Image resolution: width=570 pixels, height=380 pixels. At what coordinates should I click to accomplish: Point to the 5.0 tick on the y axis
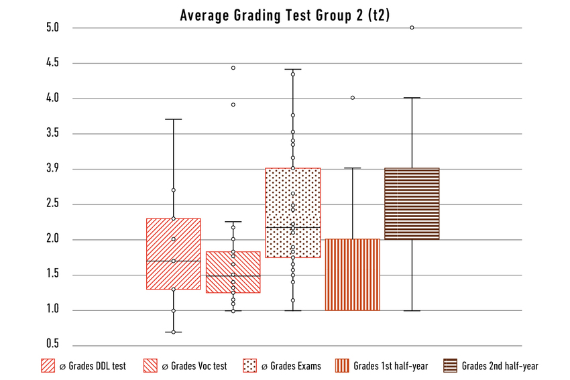click(x=54, y=28)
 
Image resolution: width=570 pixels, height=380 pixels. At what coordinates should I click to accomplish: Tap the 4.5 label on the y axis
click(x=54, y=63)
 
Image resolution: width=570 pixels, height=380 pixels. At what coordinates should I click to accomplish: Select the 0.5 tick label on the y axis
click(x=54, y=344)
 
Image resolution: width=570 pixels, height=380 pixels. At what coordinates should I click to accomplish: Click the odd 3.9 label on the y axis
click(x=54, y=169)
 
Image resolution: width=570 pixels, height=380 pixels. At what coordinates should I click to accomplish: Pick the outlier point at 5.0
click(x=412, y=27)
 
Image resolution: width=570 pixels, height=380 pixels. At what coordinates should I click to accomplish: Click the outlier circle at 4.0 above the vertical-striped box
click(x=353, y=98)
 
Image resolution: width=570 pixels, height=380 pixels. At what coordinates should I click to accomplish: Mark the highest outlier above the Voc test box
click(x=233, y=68)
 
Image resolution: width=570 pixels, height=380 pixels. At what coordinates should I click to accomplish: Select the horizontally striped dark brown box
click(x=412, y=204)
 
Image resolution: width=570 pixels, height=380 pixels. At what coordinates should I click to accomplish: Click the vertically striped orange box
click(x=353, y=274)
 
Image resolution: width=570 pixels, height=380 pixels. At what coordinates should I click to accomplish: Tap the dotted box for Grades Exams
click(x=293, y=212)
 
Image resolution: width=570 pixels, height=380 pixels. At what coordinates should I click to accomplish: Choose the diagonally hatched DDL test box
click(x=174, y=253)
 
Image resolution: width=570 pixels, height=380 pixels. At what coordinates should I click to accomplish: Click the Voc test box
click(x=233, y=271)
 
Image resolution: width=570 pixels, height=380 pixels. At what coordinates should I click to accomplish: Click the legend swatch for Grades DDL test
click(x=48, y=366)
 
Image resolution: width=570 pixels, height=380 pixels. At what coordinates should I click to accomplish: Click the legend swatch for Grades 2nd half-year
click(x=450, y=366)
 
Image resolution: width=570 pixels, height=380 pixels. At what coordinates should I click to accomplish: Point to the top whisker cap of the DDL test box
click(x=174, y=119)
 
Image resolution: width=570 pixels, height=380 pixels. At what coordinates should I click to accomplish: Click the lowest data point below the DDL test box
click(x=174, y=332)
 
